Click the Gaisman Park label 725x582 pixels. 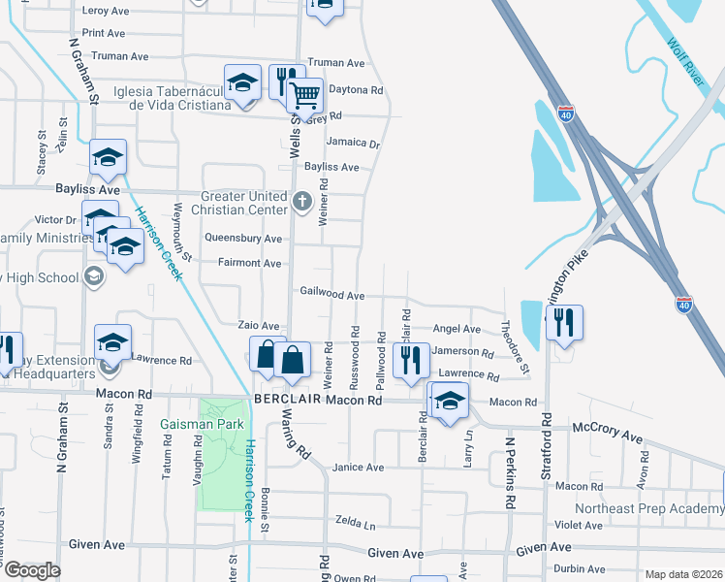(205, 425)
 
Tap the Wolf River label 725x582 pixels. (687, 63)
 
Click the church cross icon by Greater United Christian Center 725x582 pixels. (301, 203)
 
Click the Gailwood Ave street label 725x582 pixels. (331, 294)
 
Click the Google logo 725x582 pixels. (32, 570)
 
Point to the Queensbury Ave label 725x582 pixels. (243, 238)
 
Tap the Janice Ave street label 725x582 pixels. (358, 468)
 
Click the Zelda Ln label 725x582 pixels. (355, 524)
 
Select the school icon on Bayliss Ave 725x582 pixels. (109, 158)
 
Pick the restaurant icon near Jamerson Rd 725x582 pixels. (412, 360)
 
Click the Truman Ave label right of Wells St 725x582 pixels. (335, 63)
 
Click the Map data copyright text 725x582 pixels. (682, 573)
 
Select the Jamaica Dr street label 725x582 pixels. (353, 142)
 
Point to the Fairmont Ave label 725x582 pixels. (249, 263)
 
